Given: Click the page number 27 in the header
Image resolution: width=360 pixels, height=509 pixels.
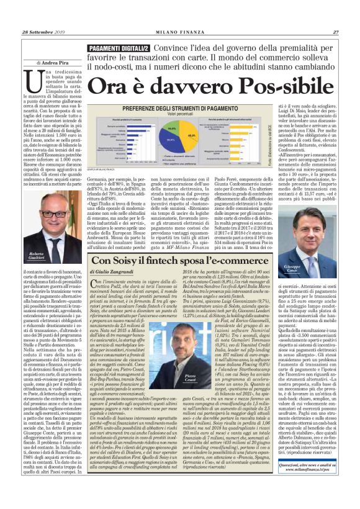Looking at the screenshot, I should pyautogui.click(x=335, y=32).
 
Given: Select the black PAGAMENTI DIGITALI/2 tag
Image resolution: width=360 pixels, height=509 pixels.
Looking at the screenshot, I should pyautogui.click(x=114, y=48).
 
